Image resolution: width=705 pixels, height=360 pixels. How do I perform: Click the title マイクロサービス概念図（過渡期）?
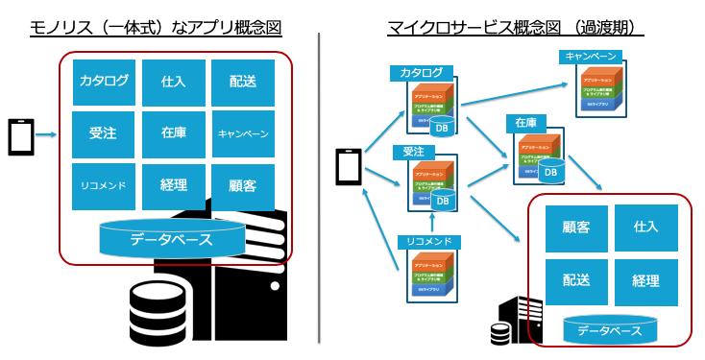[514, 28]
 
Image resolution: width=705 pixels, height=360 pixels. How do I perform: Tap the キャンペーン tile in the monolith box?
[243, 133]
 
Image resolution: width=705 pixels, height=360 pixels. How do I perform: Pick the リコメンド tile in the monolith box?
[104, 185]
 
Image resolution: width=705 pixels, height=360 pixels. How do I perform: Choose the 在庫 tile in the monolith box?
[173, 133]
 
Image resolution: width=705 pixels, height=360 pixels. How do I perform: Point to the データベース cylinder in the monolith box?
[171, 239]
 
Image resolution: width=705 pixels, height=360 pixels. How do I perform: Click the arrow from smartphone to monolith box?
[47, 136]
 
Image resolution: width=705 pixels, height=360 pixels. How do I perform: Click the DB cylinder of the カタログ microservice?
[442, 127]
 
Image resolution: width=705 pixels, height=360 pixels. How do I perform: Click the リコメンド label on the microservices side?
[428, 241]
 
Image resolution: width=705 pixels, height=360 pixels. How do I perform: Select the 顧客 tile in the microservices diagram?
[575, 228]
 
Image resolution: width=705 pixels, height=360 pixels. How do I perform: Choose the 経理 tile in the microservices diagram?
[645, 281]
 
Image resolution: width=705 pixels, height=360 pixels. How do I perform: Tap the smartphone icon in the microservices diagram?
[348, 168]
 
